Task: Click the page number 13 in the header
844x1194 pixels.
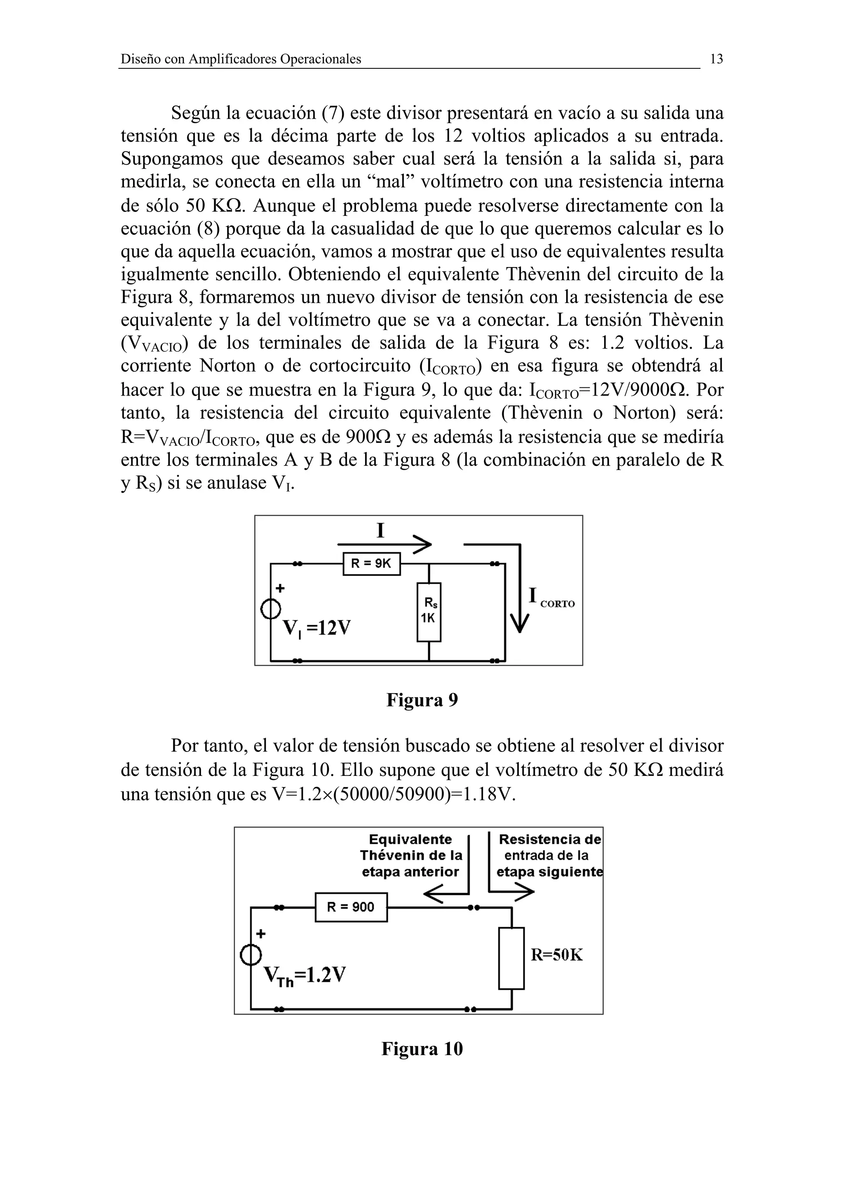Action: [x=716, y=59]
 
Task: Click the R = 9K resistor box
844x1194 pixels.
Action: [x=371, y=564]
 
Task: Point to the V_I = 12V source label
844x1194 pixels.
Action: [x=316, y=629]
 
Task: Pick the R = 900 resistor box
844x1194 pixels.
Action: [x=351, y=908]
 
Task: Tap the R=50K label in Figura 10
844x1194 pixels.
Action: [x=556, y=955]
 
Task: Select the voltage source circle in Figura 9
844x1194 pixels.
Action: [x=270, y=609]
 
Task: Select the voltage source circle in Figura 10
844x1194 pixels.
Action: [x=251, y=954]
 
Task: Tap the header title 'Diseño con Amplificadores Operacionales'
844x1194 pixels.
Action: [x=241, y=59]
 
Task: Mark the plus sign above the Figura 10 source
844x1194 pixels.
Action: [x=260, y=934]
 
